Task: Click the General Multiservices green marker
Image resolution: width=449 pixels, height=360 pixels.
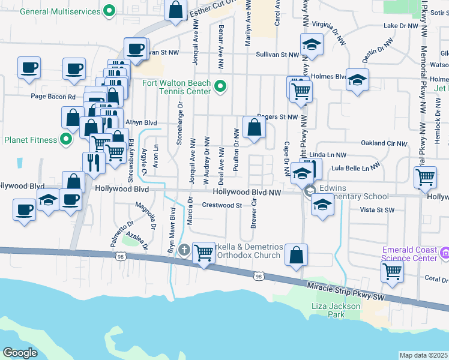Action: (x=109, y=10)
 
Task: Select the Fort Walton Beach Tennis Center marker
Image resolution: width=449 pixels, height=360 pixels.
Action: (x=219, y=87)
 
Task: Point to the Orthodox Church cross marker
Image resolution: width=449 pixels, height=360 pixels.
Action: (x=184, y=249)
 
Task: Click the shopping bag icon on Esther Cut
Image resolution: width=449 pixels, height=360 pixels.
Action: (x=175, y=10)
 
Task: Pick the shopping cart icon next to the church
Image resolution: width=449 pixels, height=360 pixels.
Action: (x=203, y=253)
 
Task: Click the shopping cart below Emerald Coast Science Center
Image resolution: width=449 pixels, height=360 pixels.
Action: (x=392, y=271)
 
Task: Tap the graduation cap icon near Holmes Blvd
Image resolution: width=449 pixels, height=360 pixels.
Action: (x=357, y=80)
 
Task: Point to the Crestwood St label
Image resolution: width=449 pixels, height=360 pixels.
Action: (x=221, y=205)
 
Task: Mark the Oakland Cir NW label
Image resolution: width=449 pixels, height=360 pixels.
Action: (x=384, y=143)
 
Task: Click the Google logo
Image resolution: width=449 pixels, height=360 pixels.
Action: (x=20, y=352)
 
